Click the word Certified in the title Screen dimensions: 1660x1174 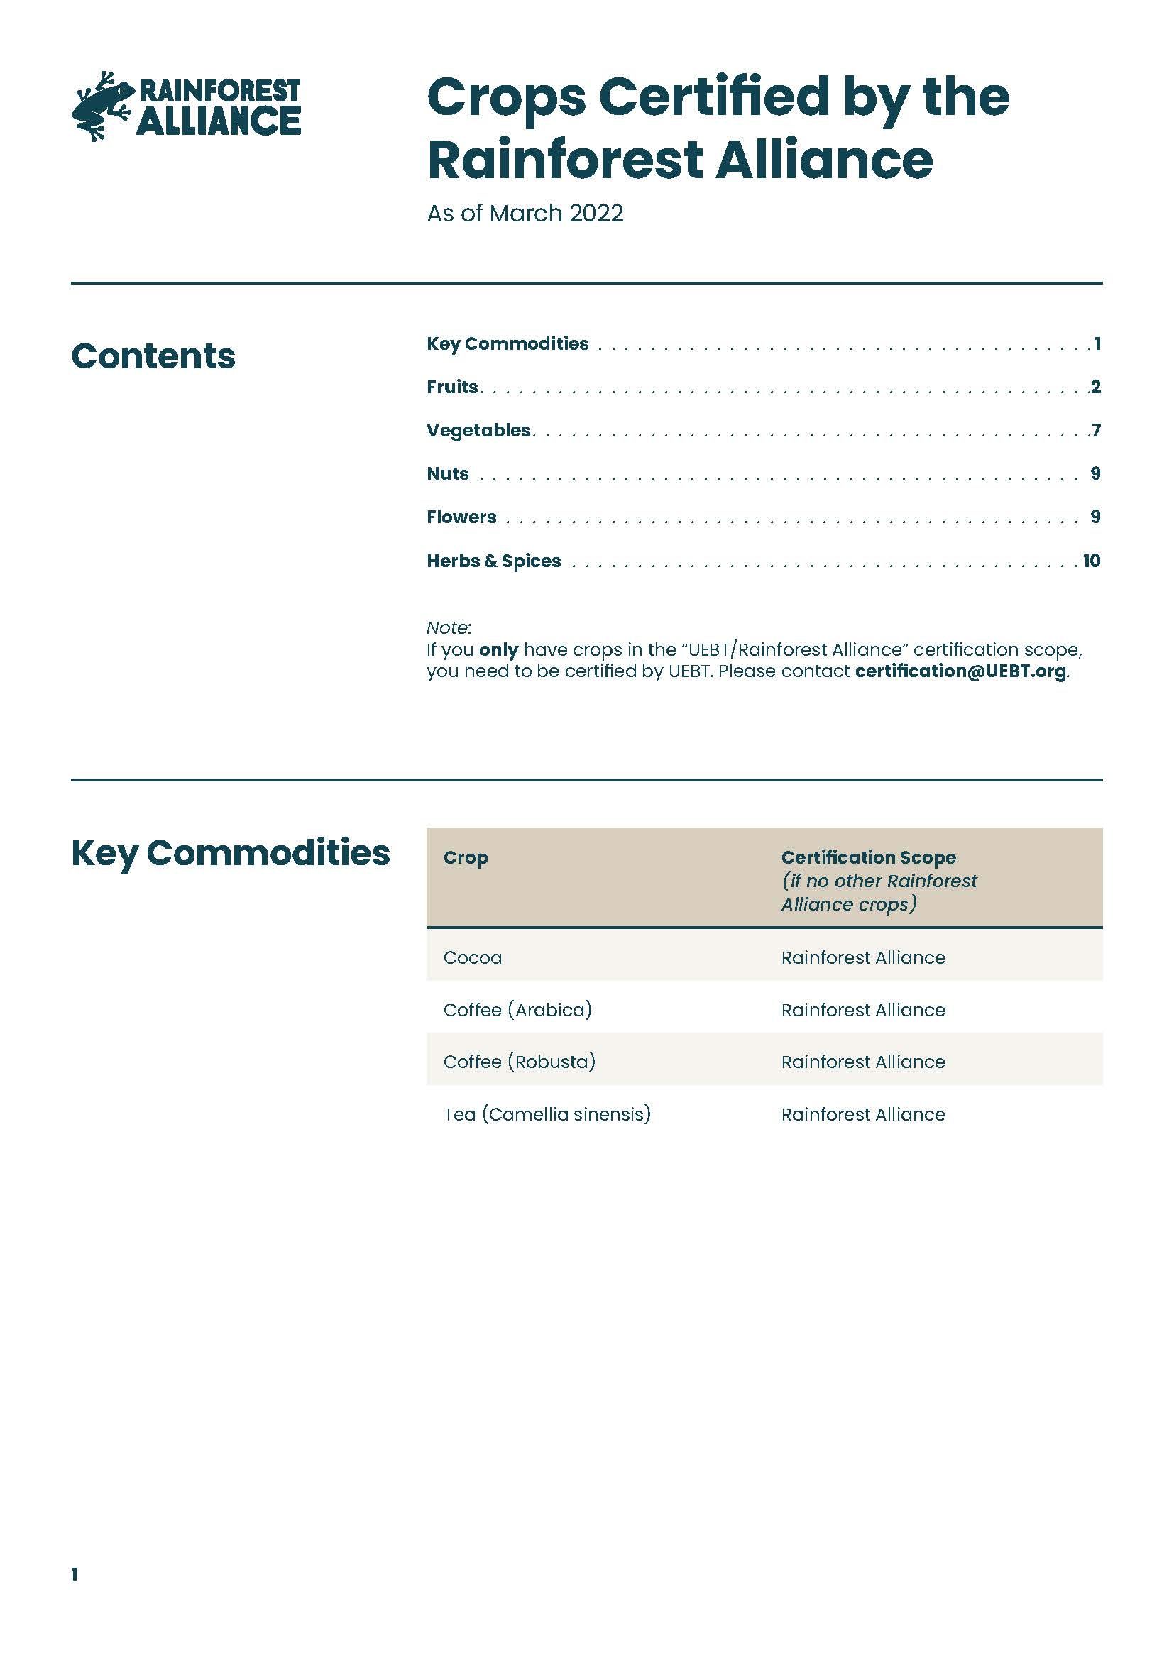tap(714, 97)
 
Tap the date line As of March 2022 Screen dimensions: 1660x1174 tap(525, 214)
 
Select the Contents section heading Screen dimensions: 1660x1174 tap(153, 356)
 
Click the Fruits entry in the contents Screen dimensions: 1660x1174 tap(453, 387)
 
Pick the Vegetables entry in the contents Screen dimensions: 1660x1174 tap(478, 430)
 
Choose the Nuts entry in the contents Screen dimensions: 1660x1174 tap(447, 473)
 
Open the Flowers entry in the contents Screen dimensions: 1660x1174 tap(461, 517)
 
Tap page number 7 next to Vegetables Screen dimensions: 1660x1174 tap(1096, 430)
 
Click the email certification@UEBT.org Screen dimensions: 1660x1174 tap(960, 671)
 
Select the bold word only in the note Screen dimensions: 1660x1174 tap(498, 649)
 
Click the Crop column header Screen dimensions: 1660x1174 tap(466, 857)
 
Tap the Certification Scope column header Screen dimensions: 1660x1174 tap(868, 857)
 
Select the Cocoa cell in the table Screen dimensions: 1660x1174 tap(473, 957)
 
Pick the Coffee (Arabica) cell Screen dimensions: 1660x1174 tap(517, 1009)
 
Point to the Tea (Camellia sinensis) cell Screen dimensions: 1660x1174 tap(547, 1114)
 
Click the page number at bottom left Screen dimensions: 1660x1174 tap(75, 1574)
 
